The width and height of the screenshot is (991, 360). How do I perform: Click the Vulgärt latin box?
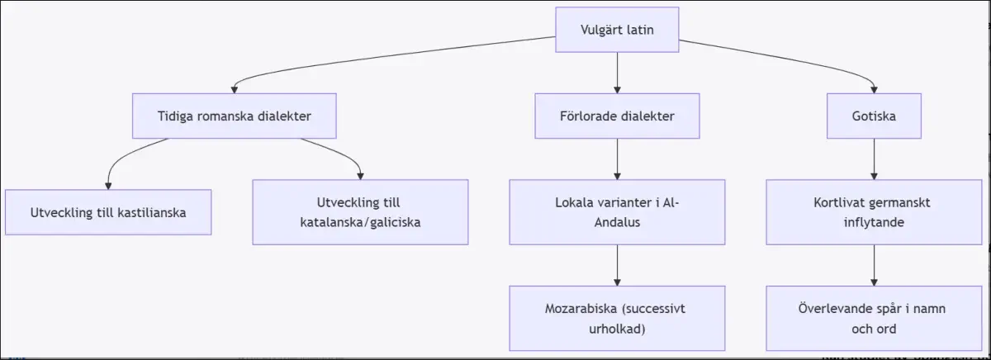pyautogui.click(x=617, y=30)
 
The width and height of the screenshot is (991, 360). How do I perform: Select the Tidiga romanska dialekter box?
pyautogui.click(x=234, y=116)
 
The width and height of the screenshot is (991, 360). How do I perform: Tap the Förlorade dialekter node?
pyautogui.click(x=617, y=116)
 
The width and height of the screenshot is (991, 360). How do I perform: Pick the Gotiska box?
pyautogui.click(x=874, y=116)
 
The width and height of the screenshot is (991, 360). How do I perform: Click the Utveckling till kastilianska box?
pyautogui.click(x=108, y=212)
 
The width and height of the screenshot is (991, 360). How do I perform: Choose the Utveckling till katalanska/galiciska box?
pyautogui.click(x=360, y=212)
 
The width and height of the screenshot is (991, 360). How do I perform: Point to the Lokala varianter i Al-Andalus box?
pyautogui.click(x=617, y=212)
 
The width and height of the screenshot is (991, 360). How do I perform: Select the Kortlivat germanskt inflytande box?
pyautogui.click(x=874, y=212)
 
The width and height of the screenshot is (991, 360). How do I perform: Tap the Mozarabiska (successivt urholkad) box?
pyautogui.click(x=617, y=319)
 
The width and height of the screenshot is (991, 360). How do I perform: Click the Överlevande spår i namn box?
pyautogui.click(x=874, y=319)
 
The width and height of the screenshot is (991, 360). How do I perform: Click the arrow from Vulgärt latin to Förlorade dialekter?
pyautogui.click(x=617, y=73)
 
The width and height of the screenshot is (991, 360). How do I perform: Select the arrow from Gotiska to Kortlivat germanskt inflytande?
pyautogui.click(x=874, y=159)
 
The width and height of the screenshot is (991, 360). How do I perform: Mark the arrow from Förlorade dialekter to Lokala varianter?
pyautogui.click(x=617, y=159)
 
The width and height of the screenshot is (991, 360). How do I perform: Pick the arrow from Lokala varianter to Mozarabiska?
pyautogui.click(x=617, y=265)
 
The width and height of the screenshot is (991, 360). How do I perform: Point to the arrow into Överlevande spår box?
pyautogui.click(x=874, y=265)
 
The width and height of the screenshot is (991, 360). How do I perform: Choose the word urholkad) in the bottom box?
pyautogui.click(x=617, y=329)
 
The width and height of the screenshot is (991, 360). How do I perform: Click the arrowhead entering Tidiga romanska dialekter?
pyautogui.click(x=234, y=90)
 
